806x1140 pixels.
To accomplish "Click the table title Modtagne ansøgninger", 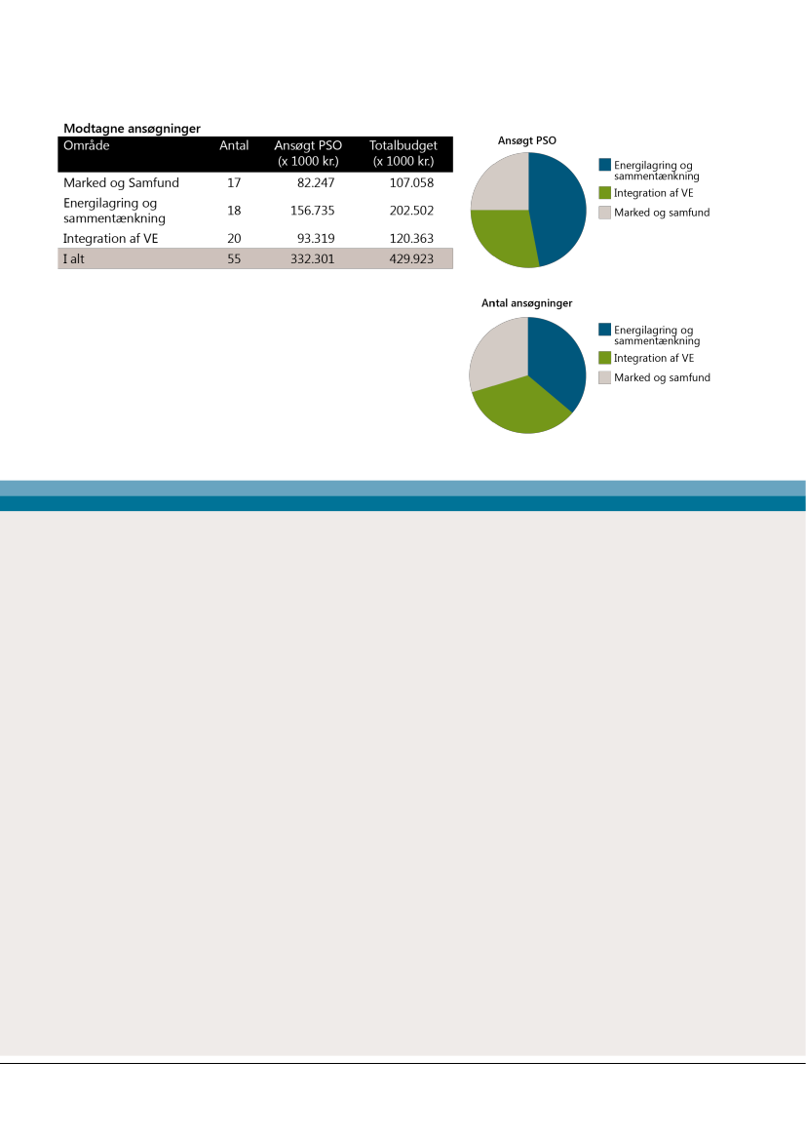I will click(132, 129).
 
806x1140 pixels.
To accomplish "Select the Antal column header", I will click(234, 146).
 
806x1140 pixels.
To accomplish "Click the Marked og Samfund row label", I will click(121, 182).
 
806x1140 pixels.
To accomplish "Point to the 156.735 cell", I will click(313, 210).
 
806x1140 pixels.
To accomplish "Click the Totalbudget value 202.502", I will click(409, 210).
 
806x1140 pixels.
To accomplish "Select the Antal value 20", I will click(234, 238).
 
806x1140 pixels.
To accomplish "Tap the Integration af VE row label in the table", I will click(110, 238).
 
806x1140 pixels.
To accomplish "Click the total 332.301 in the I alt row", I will click(313, 259).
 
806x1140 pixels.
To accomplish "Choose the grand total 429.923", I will click(409, 259).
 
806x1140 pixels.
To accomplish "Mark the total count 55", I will click(234, 259).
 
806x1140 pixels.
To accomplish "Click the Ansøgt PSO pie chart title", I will click(527, 140).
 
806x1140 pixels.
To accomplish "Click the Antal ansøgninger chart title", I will click(527, 303).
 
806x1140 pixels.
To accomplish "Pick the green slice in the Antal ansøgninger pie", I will click(517, 405).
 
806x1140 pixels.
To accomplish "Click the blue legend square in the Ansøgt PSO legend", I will click(605, 165).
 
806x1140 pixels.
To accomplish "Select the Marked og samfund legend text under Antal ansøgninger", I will click(661, 377).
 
